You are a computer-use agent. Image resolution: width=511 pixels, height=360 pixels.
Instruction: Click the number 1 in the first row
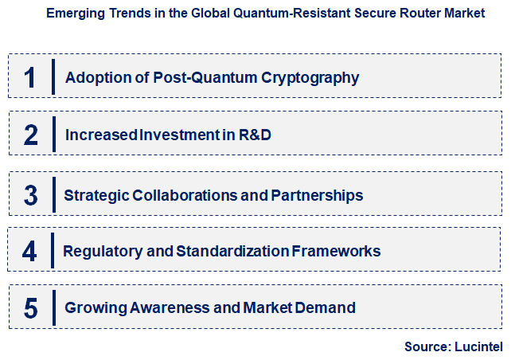click(30, 78)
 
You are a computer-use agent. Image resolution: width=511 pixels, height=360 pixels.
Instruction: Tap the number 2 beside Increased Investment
click(31, 135)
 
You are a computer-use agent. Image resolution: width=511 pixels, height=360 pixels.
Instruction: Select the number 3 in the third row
click(31, 195)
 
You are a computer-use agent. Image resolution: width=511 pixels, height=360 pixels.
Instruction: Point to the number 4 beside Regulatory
click(29, 252)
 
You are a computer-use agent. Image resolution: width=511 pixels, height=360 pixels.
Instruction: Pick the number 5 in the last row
click(31, 308)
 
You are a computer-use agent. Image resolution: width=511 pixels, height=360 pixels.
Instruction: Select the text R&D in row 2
click(255, 135)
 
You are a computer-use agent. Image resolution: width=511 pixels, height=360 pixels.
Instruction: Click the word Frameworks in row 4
click(337, 252)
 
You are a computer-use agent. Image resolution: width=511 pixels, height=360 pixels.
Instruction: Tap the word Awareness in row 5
click(155, 308)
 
